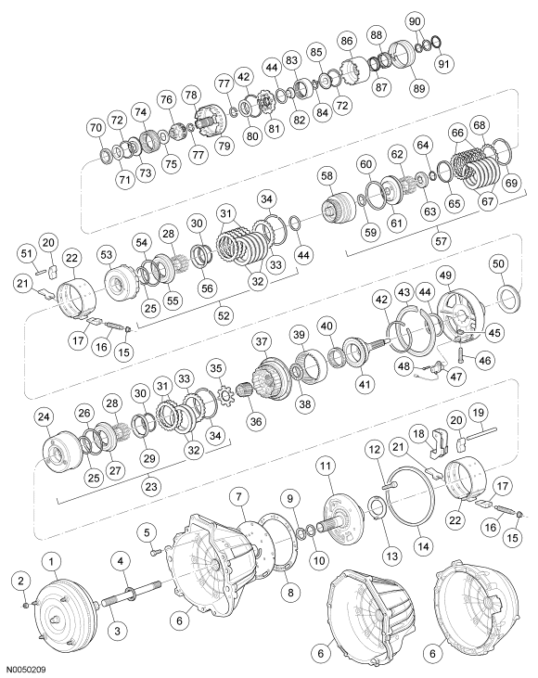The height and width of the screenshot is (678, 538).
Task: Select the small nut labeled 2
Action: (22, 605)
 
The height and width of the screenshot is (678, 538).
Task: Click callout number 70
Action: (95, 126)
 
